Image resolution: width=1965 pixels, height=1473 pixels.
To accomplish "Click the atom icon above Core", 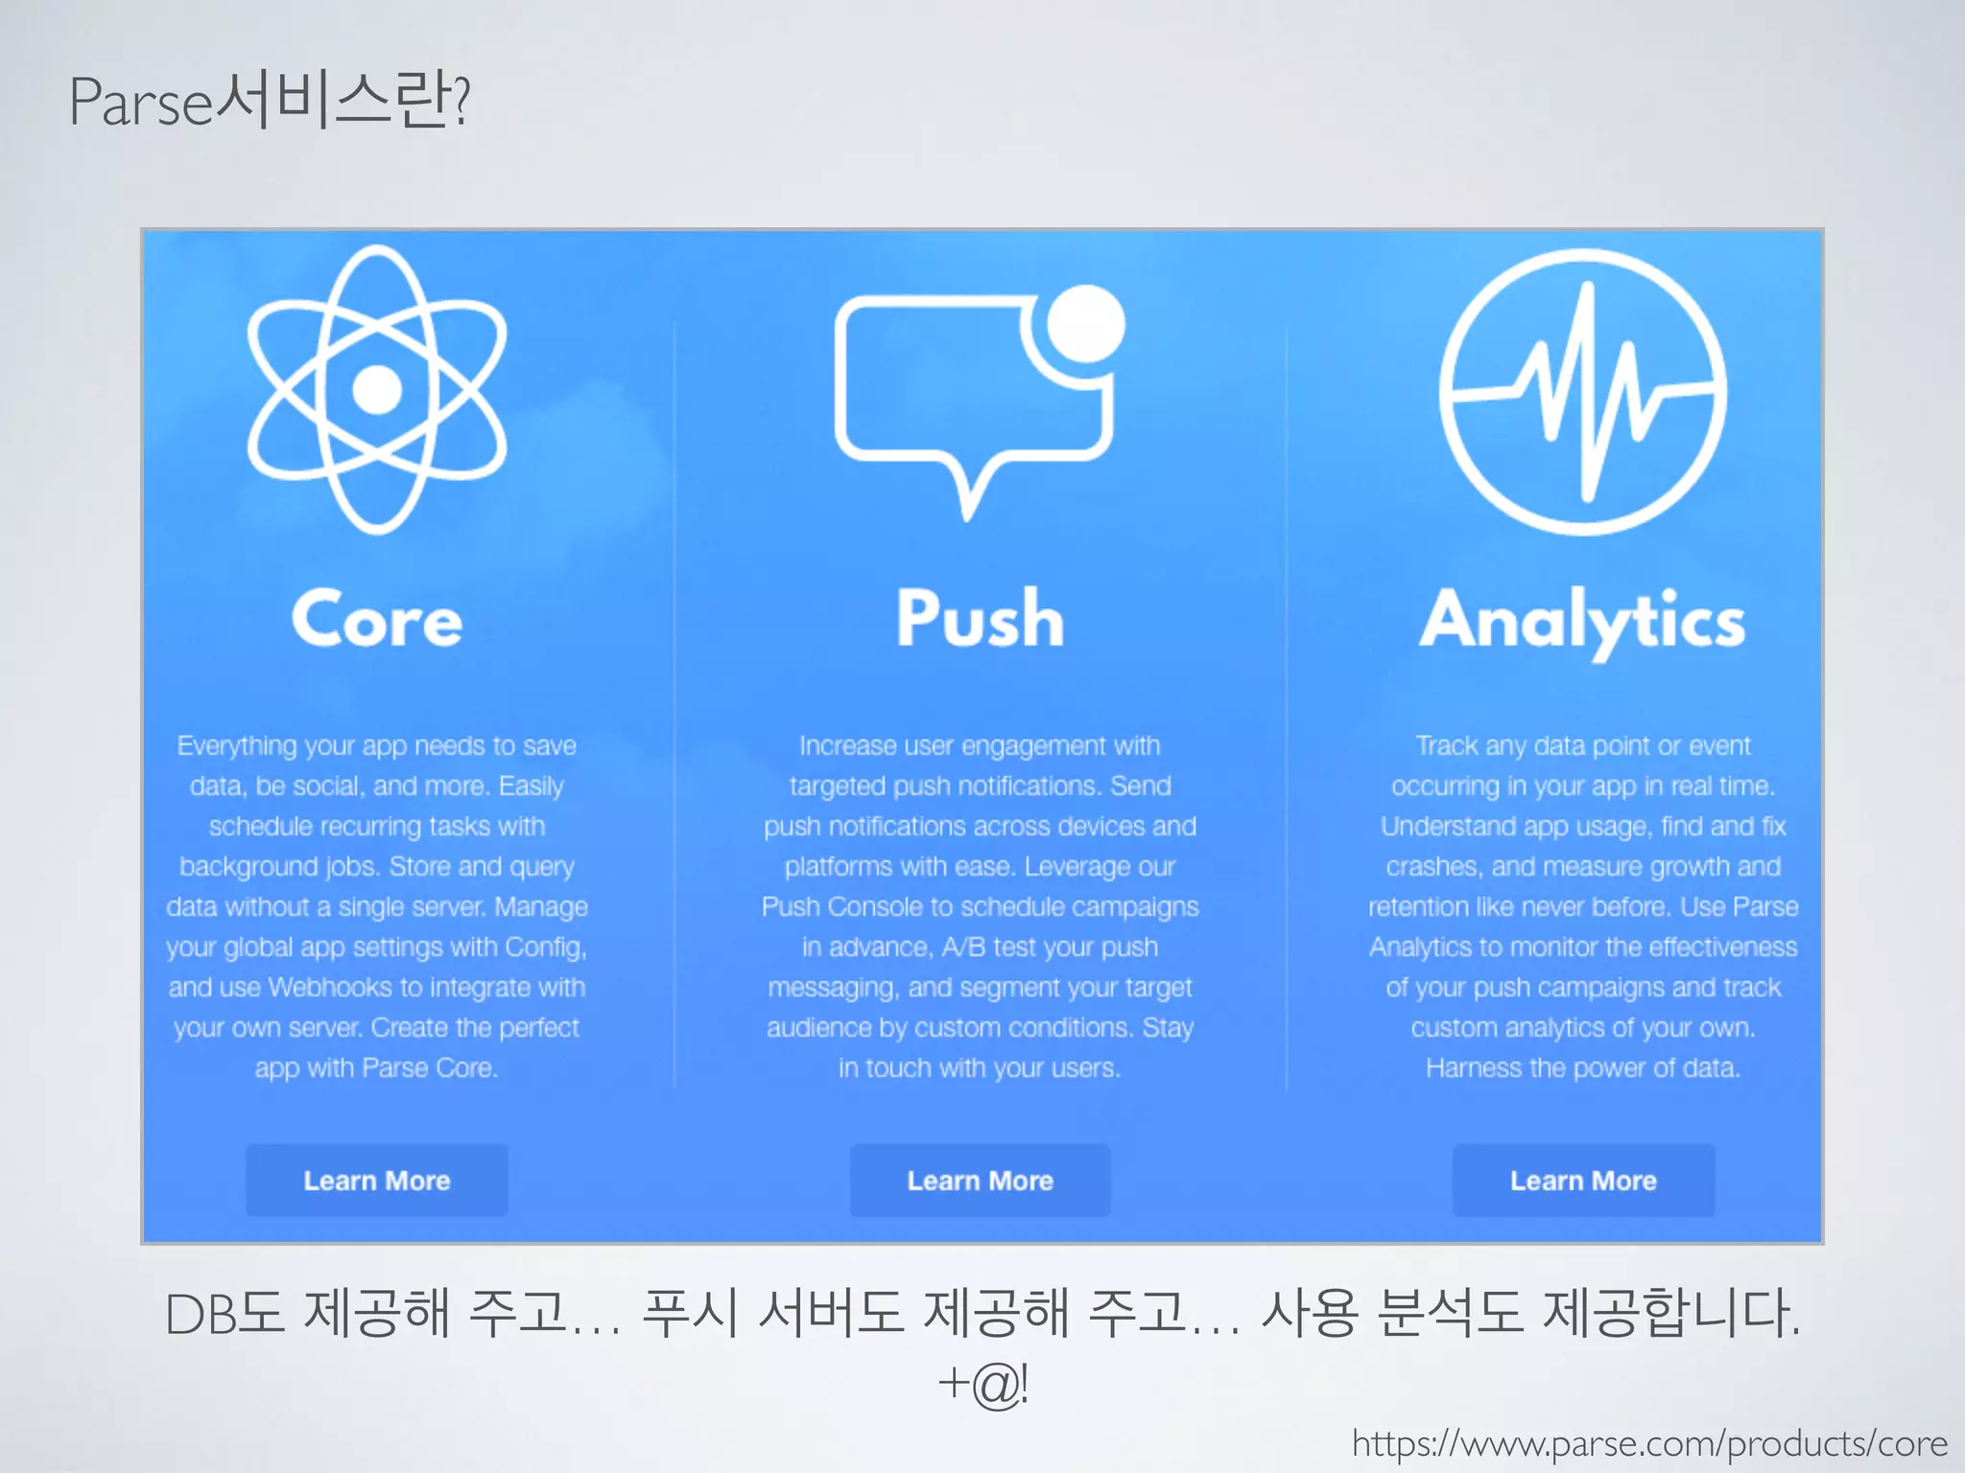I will (x=377, y=388).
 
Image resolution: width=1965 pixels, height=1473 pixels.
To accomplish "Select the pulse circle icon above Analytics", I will (x=1583, y=391).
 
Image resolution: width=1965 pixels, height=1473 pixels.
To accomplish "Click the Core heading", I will (x=377, y=620).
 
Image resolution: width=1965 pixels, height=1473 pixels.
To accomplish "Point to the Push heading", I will (x=980, y=620).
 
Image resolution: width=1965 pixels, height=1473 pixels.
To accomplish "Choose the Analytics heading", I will (x=1583, y=621).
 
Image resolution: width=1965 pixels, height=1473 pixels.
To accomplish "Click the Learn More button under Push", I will (x=980, y=1181).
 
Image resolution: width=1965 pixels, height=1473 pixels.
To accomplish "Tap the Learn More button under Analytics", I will (x=1583, y=1181).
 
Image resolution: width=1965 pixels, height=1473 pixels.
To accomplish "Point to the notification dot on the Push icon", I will (x=1085, y=324).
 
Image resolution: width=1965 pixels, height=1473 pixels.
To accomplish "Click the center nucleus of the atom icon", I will (x=377, y=389).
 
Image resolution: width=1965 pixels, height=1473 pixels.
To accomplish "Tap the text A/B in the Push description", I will (x=962, y=947).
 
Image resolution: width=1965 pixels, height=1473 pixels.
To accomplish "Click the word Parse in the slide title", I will (x=140, y=102).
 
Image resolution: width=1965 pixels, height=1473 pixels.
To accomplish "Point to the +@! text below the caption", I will (x=982, y=1384).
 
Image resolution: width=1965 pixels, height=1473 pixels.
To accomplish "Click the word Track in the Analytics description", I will (x=1446, y=745).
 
